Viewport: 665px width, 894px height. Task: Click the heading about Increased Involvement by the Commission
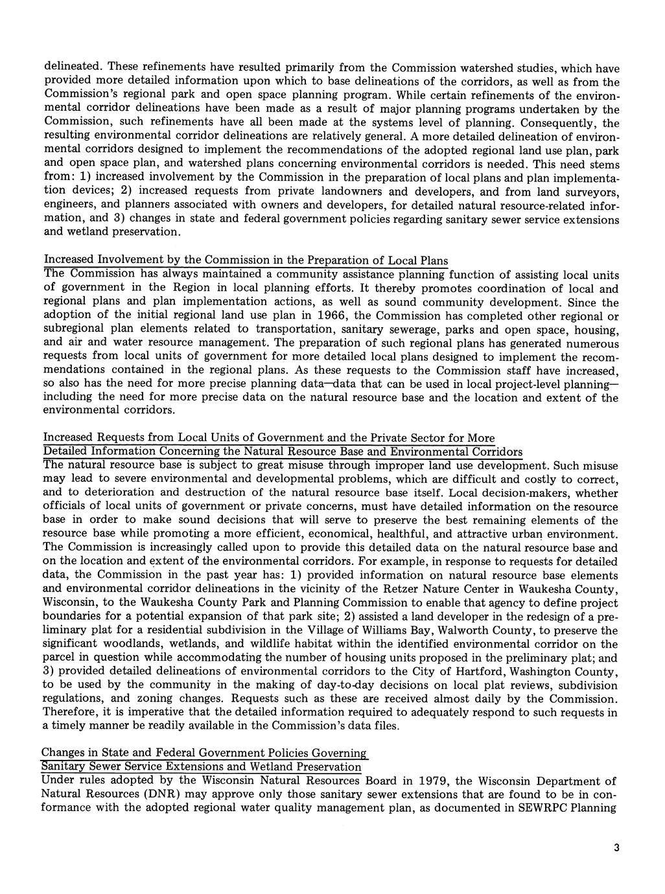tap(246, 260)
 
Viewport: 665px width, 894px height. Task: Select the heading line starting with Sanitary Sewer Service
tap(201, 767)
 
